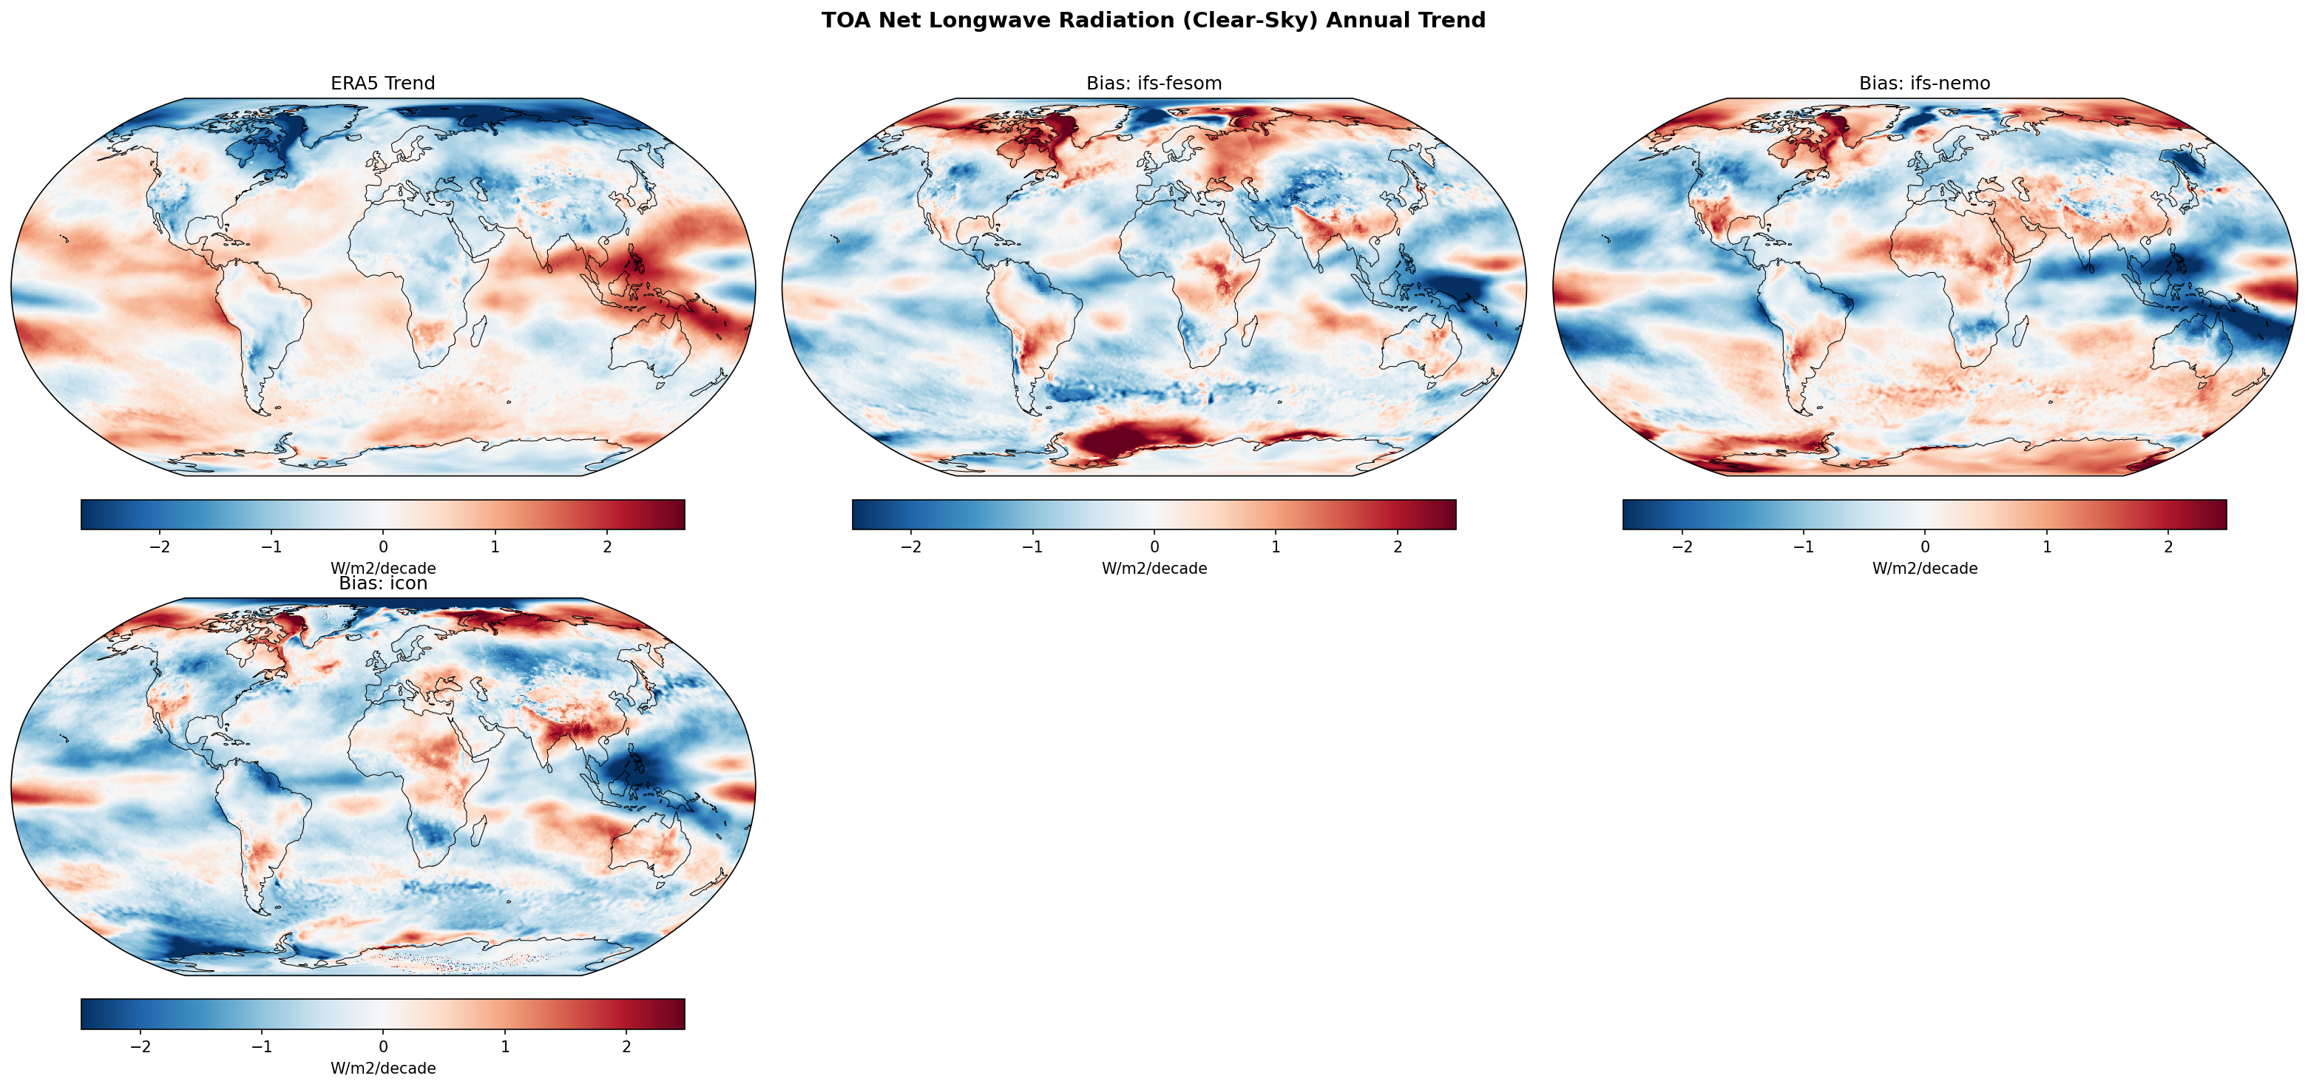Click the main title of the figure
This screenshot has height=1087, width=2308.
[x=1153, y=21]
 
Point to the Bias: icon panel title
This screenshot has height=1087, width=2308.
[x=382, y=583]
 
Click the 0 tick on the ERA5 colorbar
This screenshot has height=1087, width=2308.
[x=384, y=546]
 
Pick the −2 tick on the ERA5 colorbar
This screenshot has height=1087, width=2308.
[x=160, y=546]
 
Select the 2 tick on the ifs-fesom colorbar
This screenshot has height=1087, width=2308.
[x=1397, y=546]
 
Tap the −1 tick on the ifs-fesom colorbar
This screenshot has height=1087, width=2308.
[x=1032, y=546]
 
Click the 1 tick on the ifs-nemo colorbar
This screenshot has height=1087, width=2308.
[x=2046, y=546]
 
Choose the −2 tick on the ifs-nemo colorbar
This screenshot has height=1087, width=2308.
[x=1682, y=546]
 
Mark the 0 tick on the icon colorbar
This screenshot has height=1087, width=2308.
[x=384, y=1046]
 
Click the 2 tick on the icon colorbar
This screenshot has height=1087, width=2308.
[x=626, y=1046]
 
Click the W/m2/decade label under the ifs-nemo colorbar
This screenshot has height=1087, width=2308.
[x=1923, y=568]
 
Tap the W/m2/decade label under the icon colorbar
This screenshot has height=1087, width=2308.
[x=382, y=1069]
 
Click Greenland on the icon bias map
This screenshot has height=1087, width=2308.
[x=291, y=626]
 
